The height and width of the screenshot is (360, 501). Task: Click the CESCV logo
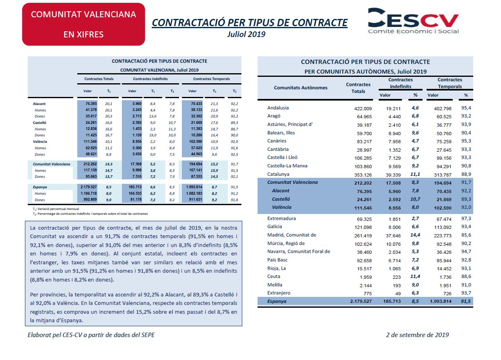[413, 21]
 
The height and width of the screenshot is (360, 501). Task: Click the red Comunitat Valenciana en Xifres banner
[84, 24]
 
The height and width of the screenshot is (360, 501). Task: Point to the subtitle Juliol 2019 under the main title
[246, 34]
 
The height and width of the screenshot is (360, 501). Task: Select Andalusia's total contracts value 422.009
[363, 109]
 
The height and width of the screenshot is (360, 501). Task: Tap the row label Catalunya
[278, 174]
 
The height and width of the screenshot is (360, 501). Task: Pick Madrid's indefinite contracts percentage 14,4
[415, 235]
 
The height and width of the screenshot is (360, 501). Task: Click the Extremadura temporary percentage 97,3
[466, 218]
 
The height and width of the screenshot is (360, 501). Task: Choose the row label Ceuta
[274, 276]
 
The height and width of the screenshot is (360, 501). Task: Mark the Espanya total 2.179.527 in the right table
[361, 301]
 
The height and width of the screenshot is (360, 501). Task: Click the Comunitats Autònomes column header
[301, 88]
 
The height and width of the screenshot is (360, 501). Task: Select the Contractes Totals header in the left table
[99, 79]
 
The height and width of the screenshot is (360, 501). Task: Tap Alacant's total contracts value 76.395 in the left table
[91, 104]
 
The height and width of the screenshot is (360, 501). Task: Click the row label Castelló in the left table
[39, 123]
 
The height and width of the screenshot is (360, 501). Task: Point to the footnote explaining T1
[56, 209]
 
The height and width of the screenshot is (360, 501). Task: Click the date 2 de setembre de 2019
[417, 335]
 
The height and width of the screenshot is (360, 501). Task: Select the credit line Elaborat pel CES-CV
[91, 335]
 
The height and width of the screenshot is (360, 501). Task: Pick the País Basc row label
[277, 260]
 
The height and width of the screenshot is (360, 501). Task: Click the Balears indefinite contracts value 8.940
[394, 134]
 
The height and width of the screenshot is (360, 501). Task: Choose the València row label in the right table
[282, 207]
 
